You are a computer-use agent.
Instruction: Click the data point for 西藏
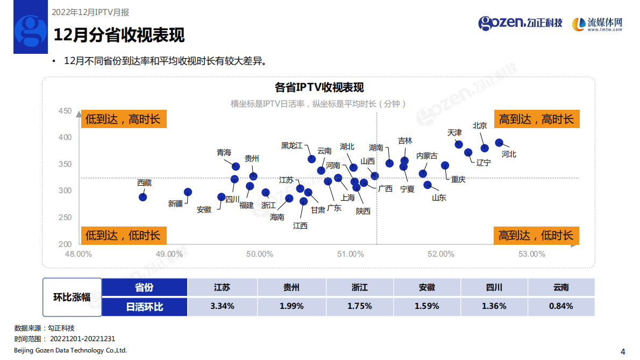point(143,197)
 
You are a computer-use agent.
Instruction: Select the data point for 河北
point(499,143)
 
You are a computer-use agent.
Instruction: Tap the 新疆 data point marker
point(188,192)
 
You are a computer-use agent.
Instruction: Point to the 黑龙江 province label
point(291,145)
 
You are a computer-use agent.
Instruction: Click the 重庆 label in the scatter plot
point(458,179)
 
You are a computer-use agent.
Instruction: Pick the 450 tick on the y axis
point(65,111)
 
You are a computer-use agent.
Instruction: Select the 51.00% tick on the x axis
point(350,254)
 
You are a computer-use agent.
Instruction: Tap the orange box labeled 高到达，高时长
point(536,119)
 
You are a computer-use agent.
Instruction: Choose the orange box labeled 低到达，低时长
point(123,235)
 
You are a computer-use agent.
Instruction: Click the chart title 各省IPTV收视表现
point(319,88)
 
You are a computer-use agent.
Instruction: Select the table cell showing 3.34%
point(222,306)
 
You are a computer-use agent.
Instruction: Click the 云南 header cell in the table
point(561,287)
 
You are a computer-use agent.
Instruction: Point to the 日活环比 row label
point(144,306)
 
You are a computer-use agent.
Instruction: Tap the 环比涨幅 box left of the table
point(72,297)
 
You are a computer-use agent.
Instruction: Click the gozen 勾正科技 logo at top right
point(520,23)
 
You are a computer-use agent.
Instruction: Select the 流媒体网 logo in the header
point(597,24)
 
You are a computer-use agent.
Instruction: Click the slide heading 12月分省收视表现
point(119,36)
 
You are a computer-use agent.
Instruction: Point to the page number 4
point(623,352)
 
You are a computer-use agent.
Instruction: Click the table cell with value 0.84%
point(561,306)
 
